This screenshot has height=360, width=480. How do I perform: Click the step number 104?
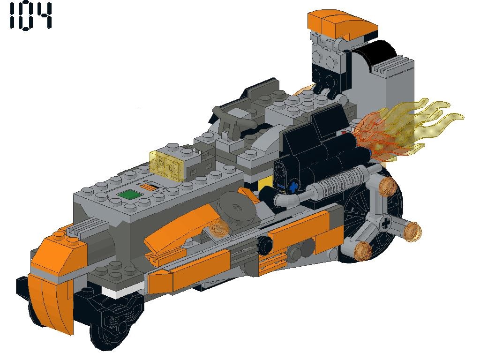[31, 16]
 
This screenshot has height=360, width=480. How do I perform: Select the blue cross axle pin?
[293, 187]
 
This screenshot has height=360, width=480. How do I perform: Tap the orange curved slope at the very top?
[343, 24]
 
